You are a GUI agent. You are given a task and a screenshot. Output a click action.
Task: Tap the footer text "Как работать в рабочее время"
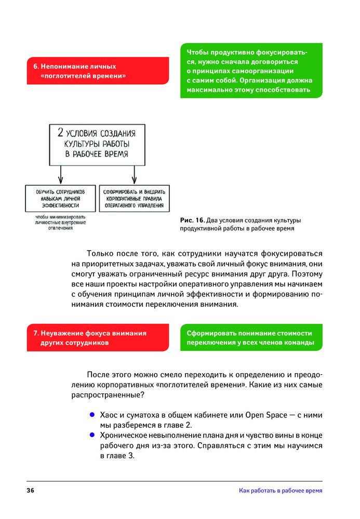click(x=281, y=490)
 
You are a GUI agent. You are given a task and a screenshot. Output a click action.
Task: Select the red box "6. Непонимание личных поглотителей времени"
click(x=98, y=71)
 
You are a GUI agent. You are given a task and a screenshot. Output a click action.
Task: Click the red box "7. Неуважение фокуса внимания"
click(x=98, y=337)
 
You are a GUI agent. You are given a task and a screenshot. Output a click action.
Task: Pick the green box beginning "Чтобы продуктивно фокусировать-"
click(x=251, y=71)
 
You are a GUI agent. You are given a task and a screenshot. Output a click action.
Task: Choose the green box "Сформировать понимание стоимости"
click(x=251, y=337)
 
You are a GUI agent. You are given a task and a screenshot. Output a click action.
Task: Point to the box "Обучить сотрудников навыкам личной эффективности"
click(x=61, y=198)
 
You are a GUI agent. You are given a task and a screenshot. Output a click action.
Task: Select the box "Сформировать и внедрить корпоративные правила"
click(x=134, y=198)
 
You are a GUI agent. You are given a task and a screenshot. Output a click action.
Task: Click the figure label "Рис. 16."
click(x=192, y=220)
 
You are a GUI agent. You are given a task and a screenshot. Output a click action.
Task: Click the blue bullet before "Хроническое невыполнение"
click(x=92, y=435)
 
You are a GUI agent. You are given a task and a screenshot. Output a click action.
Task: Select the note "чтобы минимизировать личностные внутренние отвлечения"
click(x=61, y=222)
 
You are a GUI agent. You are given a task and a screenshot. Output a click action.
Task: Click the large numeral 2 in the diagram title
click(x=61, y=131)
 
